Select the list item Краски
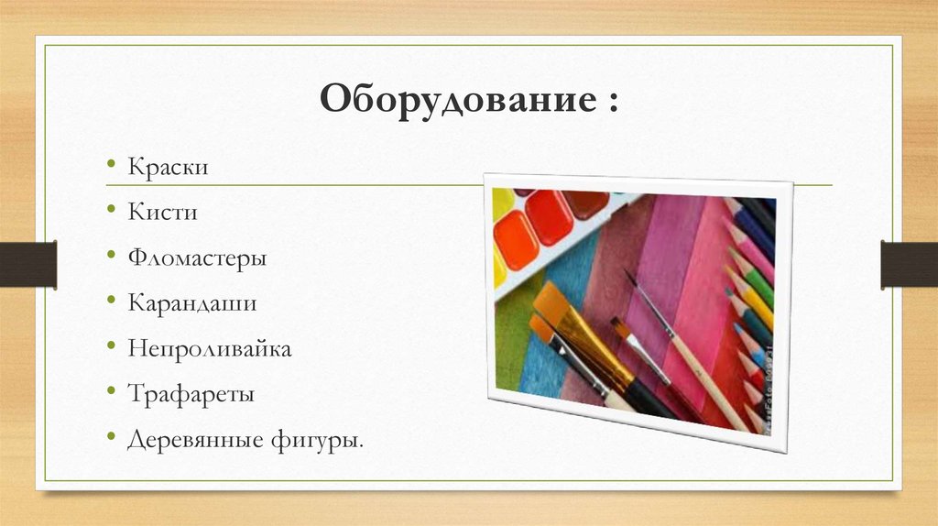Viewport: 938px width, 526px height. click(168, 169)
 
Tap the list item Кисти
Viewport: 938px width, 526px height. click(163, 213)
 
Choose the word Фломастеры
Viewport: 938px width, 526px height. click(197, 258)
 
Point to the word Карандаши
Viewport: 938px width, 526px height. click(191, 303)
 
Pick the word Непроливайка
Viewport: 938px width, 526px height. click(210, 349)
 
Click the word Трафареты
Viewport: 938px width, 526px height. click(191, 395)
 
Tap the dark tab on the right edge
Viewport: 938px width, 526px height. click(909, 264)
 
